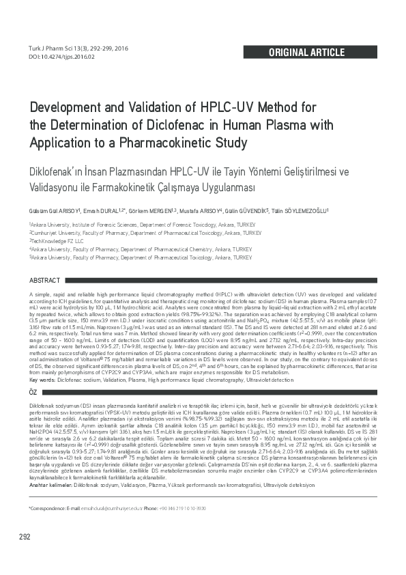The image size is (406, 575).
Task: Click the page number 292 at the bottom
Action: click(25, 555)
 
